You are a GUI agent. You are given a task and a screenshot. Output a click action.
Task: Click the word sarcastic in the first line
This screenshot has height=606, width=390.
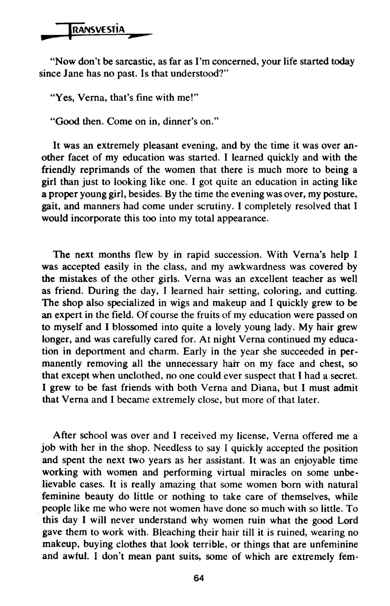[133, 62]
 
